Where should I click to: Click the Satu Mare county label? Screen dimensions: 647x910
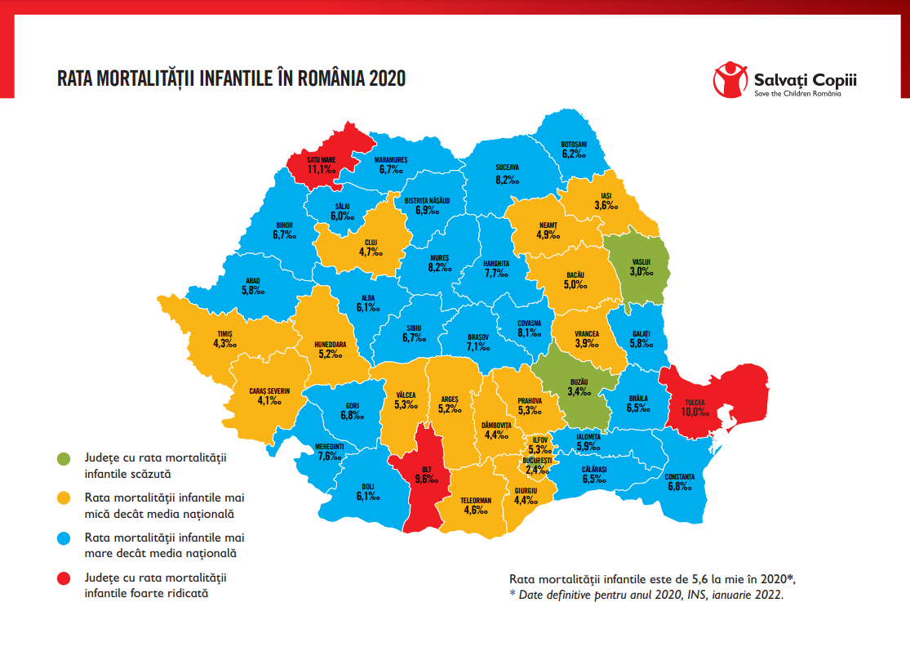322,160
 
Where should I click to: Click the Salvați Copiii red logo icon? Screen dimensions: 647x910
730,80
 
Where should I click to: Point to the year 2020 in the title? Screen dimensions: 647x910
386,79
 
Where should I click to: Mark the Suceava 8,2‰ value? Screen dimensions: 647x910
507,180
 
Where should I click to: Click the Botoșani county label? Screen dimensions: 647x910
574,144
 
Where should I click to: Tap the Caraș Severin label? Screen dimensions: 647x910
269,391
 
